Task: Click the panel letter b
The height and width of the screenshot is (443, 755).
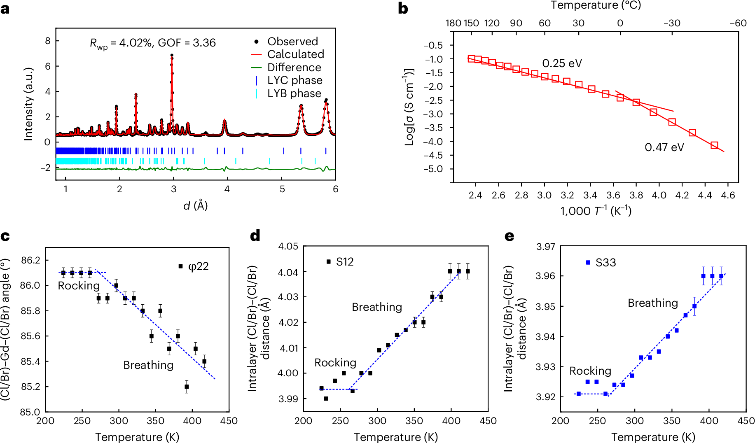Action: tap(403, 9)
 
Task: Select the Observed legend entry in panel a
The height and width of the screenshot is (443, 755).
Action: tap(292, 42)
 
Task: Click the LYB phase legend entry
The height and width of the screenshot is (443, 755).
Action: tap(294, 93)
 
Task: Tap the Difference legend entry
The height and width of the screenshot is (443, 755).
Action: tap(294, 68)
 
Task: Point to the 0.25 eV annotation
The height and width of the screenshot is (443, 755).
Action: tap(562, 63)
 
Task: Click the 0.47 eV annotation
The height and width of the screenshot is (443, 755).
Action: tap(664, 147)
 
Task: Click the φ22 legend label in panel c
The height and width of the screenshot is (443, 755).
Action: tap(198, 266)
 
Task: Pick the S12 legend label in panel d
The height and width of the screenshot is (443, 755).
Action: tap(345, 262)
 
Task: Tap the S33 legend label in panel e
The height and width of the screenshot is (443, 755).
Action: tap(605, 263)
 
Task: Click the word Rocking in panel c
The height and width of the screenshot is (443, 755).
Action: tap(79, 286)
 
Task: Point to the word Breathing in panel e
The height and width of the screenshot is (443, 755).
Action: tap(652, 303)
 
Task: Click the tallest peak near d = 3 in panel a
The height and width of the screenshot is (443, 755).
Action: tap(172, 55)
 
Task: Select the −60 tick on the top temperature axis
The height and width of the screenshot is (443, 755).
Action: tap(738, 23)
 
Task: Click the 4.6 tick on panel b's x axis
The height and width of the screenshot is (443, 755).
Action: tap(728, 195)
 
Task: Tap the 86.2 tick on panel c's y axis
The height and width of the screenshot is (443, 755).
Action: tap(31, 260)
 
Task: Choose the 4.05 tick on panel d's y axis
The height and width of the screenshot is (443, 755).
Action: tap(288, 247)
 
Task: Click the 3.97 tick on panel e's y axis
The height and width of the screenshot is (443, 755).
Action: tap(545, 247)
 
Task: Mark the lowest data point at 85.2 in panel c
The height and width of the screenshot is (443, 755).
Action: tap(187, 387)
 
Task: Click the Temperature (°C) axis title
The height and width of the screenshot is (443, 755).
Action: tap(596, 5)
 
